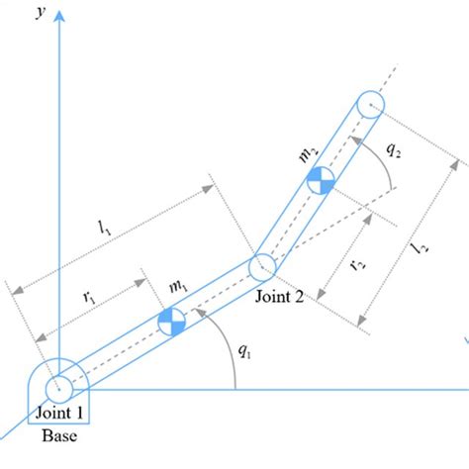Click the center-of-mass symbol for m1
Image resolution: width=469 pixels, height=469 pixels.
tap(171, 320)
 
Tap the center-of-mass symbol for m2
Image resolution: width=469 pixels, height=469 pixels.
tap(319, 179)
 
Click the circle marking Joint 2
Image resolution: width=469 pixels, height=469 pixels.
tap(261, 266)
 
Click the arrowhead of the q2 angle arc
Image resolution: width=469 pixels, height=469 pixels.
tap(351, 141)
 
